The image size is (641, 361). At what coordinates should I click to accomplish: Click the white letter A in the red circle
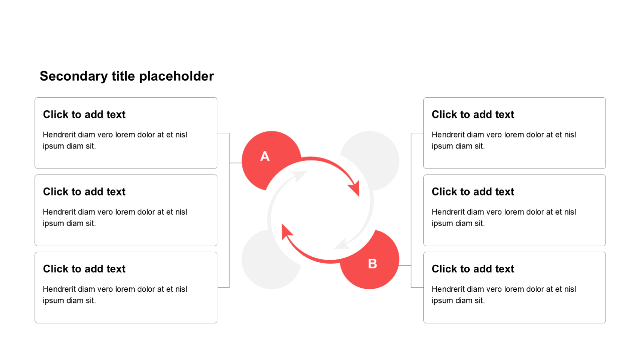pos(265,156)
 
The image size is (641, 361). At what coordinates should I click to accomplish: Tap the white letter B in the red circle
pos(372,264)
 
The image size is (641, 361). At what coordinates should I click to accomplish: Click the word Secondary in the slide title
pos(74,77)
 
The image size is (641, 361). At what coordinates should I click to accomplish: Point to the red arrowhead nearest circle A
pos(354,188)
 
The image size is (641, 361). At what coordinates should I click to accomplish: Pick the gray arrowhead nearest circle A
pos(299,176)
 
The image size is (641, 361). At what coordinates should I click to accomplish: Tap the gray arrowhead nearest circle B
pos(342,244)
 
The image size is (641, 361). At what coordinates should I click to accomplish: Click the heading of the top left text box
pos(84,115)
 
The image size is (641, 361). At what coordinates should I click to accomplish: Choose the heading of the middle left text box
pos(84,192)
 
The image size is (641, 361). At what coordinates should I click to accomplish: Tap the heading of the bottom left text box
pos(84,269)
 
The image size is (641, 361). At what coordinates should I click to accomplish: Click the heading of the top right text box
pos(473,115)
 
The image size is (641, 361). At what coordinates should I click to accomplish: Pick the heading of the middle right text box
pos(473,192)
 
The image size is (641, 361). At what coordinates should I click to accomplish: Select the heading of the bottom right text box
pos(473,269)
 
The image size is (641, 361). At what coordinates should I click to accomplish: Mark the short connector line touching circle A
pos(236,163)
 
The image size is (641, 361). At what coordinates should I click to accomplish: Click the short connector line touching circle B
pos(405,266)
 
